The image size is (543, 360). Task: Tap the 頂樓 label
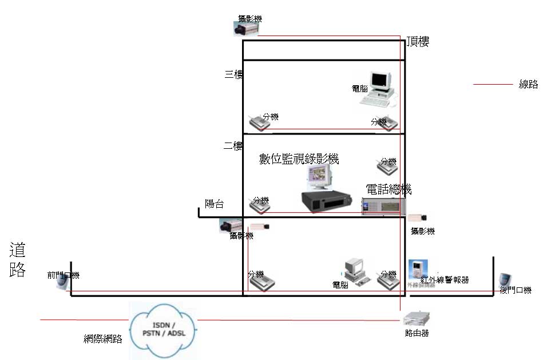pyautogui.click(x=418, y=41)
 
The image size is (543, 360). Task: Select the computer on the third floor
pyautogui.click(x=378, y=89)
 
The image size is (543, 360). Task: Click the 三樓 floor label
pyautogui.click(x=233, y=74)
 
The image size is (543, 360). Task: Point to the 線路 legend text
pyautogui.click(x=528, y=84)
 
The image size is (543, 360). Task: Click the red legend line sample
pyautogui.click(x=493, y=85)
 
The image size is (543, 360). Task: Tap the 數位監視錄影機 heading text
pyautogui.click(x=299, y=159)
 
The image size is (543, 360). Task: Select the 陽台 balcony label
pyautogui.click(x=214, y=203)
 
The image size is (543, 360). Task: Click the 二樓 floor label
pyautogui.click(x=233, y=146)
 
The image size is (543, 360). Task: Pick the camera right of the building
pyautogui.click(x=417, y=217)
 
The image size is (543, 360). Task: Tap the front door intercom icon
pyautogui.click(x=61, y=283)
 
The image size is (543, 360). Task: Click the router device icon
pyautogui.click(x=416, y=318)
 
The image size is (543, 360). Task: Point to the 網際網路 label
pyautogui.click(x=103, y=339)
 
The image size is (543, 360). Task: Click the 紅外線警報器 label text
pyautogui.click(x=445, y=280)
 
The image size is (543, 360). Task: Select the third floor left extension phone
pyautogui.click(x=256, y=122)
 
